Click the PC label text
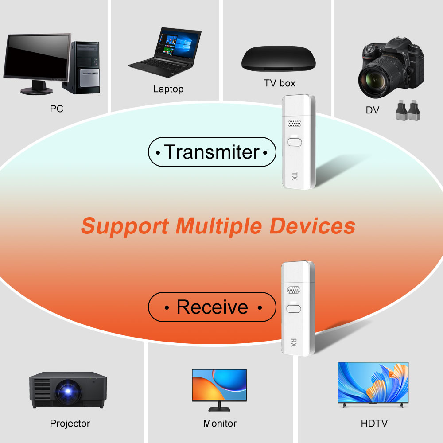coord(57,109)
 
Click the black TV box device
coord(278,58)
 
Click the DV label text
coord(373,110)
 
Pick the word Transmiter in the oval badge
coord(212,152)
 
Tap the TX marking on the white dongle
coord(295,176)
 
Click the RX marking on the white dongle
coord(294,343)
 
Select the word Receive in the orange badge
coord(212,307)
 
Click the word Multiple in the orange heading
coord(219,226)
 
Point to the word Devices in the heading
coord(312,226)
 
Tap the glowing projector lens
coord(68,392)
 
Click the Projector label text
coord(70,423)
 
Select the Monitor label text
coord(220,423)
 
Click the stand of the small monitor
coord(219,406)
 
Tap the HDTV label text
coord(374,423)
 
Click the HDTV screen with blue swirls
coord(373,382)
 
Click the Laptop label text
coord(168,89)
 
